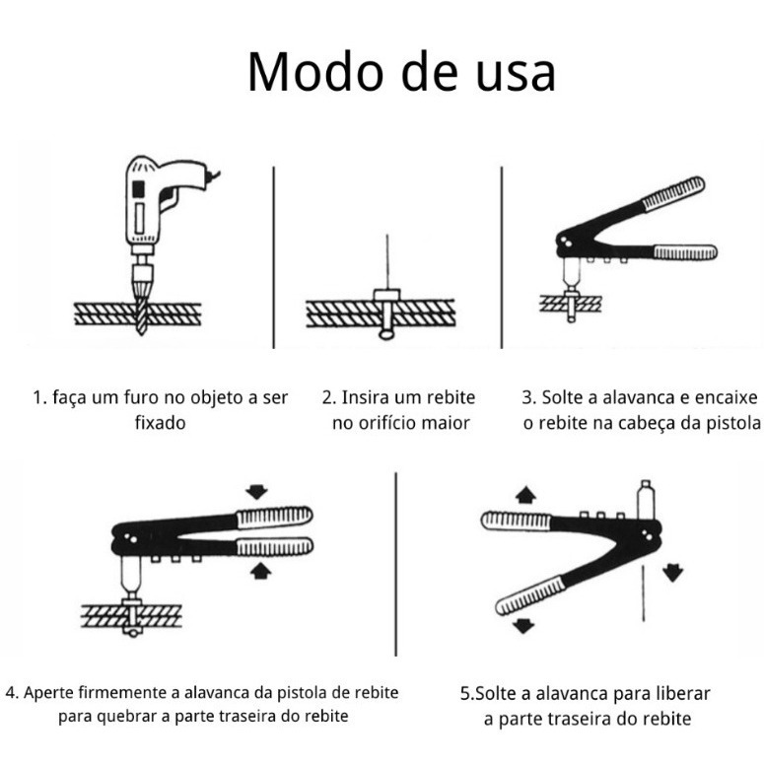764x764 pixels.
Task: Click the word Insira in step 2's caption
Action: coord(369,398)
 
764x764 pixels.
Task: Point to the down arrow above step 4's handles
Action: coord(258,491)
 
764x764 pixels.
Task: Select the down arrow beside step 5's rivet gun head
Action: coord(673,571)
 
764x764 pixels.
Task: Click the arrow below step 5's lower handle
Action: coord(524,624)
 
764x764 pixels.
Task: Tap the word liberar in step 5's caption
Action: coord(678,693)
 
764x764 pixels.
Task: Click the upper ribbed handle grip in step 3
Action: coord(673,194)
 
